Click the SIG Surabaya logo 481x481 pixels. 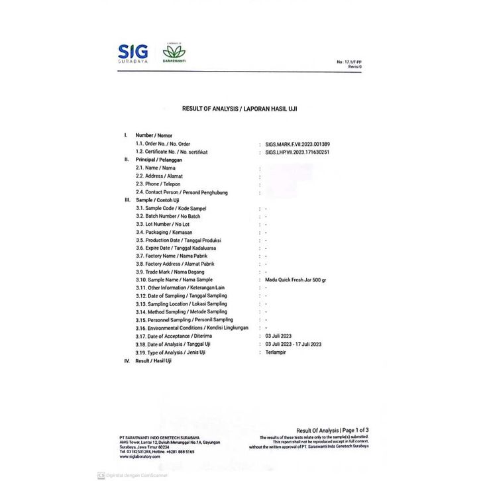135,52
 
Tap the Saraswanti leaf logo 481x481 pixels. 175,53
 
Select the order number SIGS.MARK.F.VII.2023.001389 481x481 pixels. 293,144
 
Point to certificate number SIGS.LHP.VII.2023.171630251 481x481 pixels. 293,152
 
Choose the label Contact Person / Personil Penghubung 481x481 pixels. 182,192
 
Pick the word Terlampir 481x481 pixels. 270,352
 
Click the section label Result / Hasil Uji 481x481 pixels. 153,360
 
